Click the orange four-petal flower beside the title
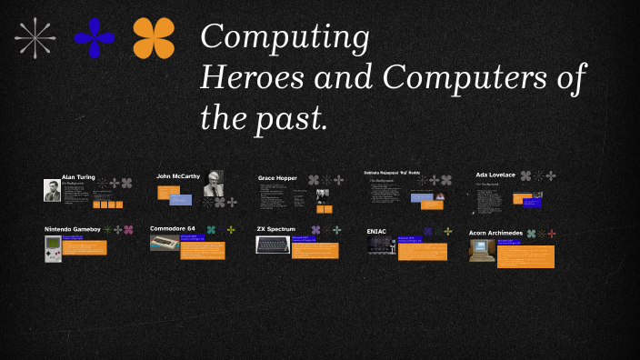pos(154,38)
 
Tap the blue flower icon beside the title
pos(95,38)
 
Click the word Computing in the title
pos(284,38)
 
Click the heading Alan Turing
pos(78,177)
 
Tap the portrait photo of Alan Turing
pos(53,190)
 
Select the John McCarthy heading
pos(178,175)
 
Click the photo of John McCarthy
pos(214,182)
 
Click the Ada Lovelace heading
pos(495,175)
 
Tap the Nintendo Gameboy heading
pos(73,229)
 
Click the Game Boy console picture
pos(53,248)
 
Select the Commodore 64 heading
pos(174,228)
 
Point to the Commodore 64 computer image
pos(165,243)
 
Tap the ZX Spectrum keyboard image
pos(272,245)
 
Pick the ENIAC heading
pos(376,231)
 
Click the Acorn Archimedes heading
pos(495,233)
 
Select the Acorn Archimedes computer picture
pos(482,249)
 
